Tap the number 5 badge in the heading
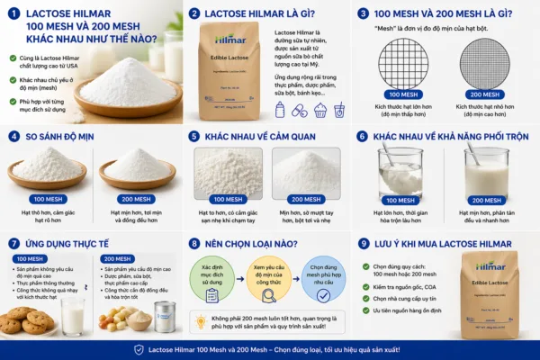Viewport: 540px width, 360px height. [x=193, y=136]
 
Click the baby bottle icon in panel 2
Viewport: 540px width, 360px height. [x=280, y=109]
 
